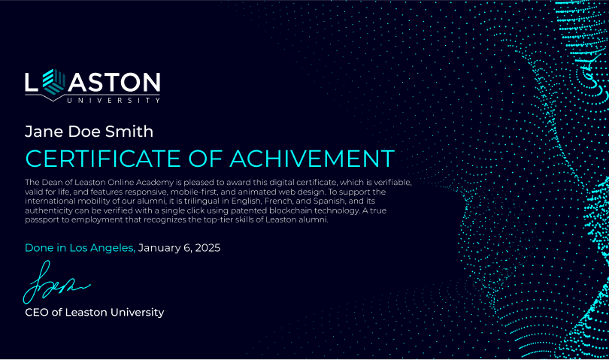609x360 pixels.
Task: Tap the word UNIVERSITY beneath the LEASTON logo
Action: click(113, 100)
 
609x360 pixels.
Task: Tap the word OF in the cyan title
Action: click(205, 159)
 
